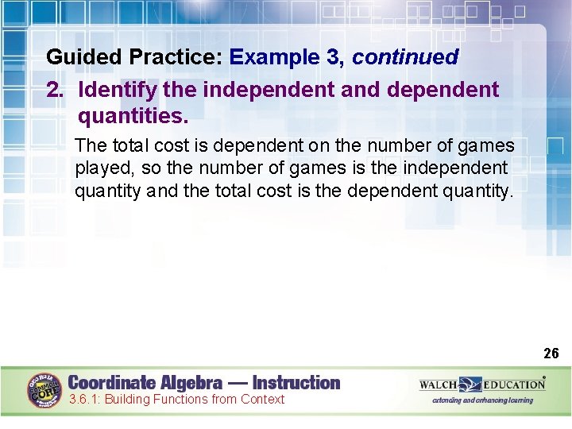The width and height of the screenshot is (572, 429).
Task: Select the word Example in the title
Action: pyautogui.click(x=273, y=57)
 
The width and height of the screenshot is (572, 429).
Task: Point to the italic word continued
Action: pyautogui.click(x=405, y=57)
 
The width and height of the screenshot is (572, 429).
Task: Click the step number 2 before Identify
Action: pyautogui.click(x=53, y=89)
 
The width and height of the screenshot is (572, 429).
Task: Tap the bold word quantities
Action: pyautogui.click(x=133, y=117)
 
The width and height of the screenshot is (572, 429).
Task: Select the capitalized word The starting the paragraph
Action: pyautogui.click(x=91, y=146)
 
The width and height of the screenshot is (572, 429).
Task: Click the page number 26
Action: pyautogui.click(x=551, y=353)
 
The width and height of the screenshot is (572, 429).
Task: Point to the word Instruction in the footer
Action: pyautogui.click(x=296, y=383)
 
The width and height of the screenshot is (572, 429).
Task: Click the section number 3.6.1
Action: pyautogui.click(x=84, y=400)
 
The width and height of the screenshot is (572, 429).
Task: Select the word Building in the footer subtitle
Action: pyautogui.click(x=130, y=400)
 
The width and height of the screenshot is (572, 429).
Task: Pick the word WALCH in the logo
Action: pyautogui.click(x=439, y=385)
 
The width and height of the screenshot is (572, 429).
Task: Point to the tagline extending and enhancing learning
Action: pyautogui.click(x=482, y=401)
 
